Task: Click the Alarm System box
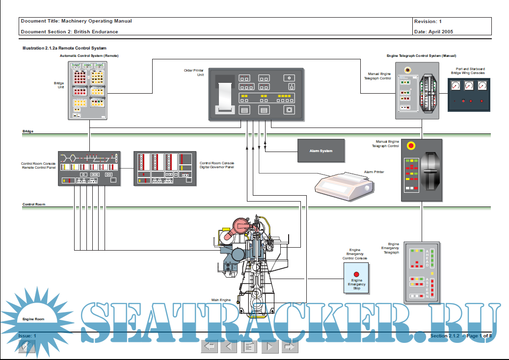pyautogui.click(x=321, y=151)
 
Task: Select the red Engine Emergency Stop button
pyautogui.click(x=357, y=274)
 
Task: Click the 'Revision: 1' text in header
pyautogui.click(x=428, y=22)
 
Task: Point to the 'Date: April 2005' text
pyautogui.click(x=433, y=32)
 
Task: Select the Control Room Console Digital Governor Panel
pyautogui.click(x=165, y=168)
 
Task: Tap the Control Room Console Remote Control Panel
pyautogui.click(x=89, y=168)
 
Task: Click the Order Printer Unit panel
pyautogui.click(x=256, y=95)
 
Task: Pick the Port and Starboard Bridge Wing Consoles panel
pyautogui.click(x=469, y=94)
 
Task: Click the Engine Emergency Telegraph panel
pyautogui.click(x=422, y=272)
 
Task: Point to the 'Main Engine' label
pyautogui.click(x=221, y=300)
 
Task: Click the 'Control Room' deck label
pyautogui.click(x=34, y=204)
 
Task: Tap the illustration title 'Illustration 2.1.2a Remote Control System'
pyautogui.click(x=64, y=49)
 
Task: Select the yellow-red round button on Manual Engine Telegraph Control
pyautogui.click(x=411, y=146)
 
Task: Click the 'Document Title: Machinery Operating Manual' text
pyautogui.click(x=76, y=21)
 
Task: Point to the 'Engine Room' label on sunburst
pyautogui.click(x=33, y=319)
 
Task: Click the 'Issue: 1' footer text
pyautogui.click(x=27, y=335)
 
